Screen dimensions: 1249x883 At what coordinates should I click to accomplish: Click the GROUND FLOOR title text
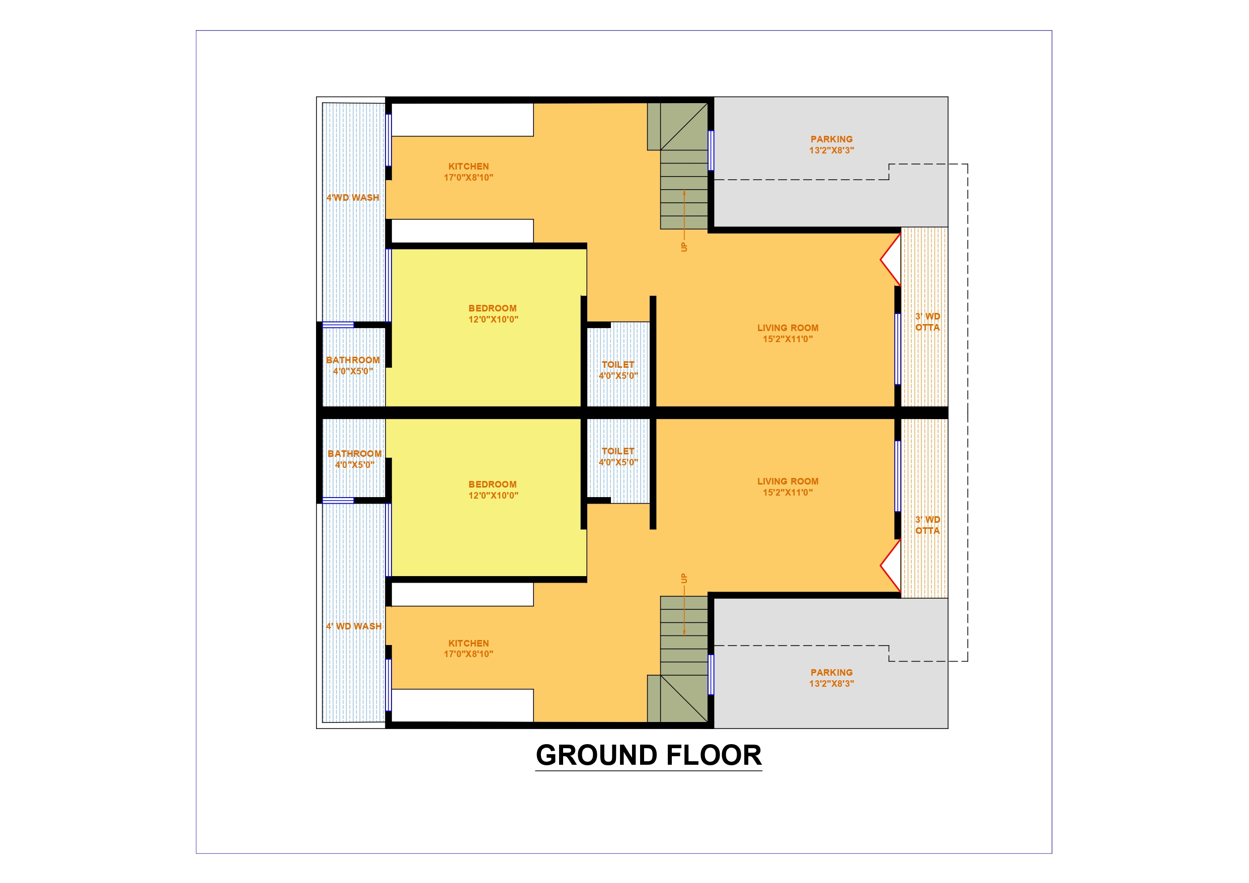(649, 755)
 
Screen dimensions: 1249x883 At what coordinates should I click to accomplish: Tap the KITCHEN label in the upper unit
(469, 167)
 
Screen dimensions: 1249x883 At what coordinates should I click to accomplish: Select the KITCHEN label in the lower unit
(469, 643)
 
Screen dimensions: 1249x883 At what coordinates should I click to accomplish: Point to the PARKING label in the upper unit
(831, 139)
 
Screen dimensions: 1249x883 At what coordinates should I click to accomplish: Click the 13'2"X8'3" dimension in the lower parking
(831, 683)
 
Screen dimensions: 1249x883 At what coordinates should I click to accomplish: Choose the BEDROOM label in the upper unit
(492, 308)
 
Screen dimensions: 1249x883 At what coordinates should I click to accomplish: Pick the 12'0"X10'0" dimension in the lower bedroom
(493, 495)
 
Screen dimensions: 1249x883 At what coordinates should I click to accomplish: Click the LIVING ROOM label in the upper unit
(788, 328)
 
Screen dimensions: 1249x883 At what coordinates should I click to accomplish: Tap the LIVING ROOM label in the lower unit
(788, 481)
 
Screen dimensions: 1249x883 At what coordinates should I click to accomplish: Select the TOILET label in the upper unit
(618, 364)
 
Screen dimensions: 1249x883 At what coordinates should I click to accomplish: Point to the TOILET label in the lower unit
(618, 451)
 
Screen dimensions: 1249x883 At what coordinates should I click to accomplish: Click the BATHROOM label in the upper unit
(353, 360)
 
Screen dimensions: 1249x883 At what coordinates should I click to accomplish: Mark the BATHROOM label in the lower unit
(354, 454)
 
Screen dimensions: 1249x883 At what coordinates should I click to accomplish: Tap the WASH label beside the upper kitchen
(365, 198)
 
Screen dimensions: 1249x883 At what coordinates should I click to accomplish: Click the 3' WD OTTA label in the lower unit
(927, 525)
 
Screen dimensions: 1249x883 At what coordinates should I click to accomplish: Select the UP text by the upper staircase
(684, 247)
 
